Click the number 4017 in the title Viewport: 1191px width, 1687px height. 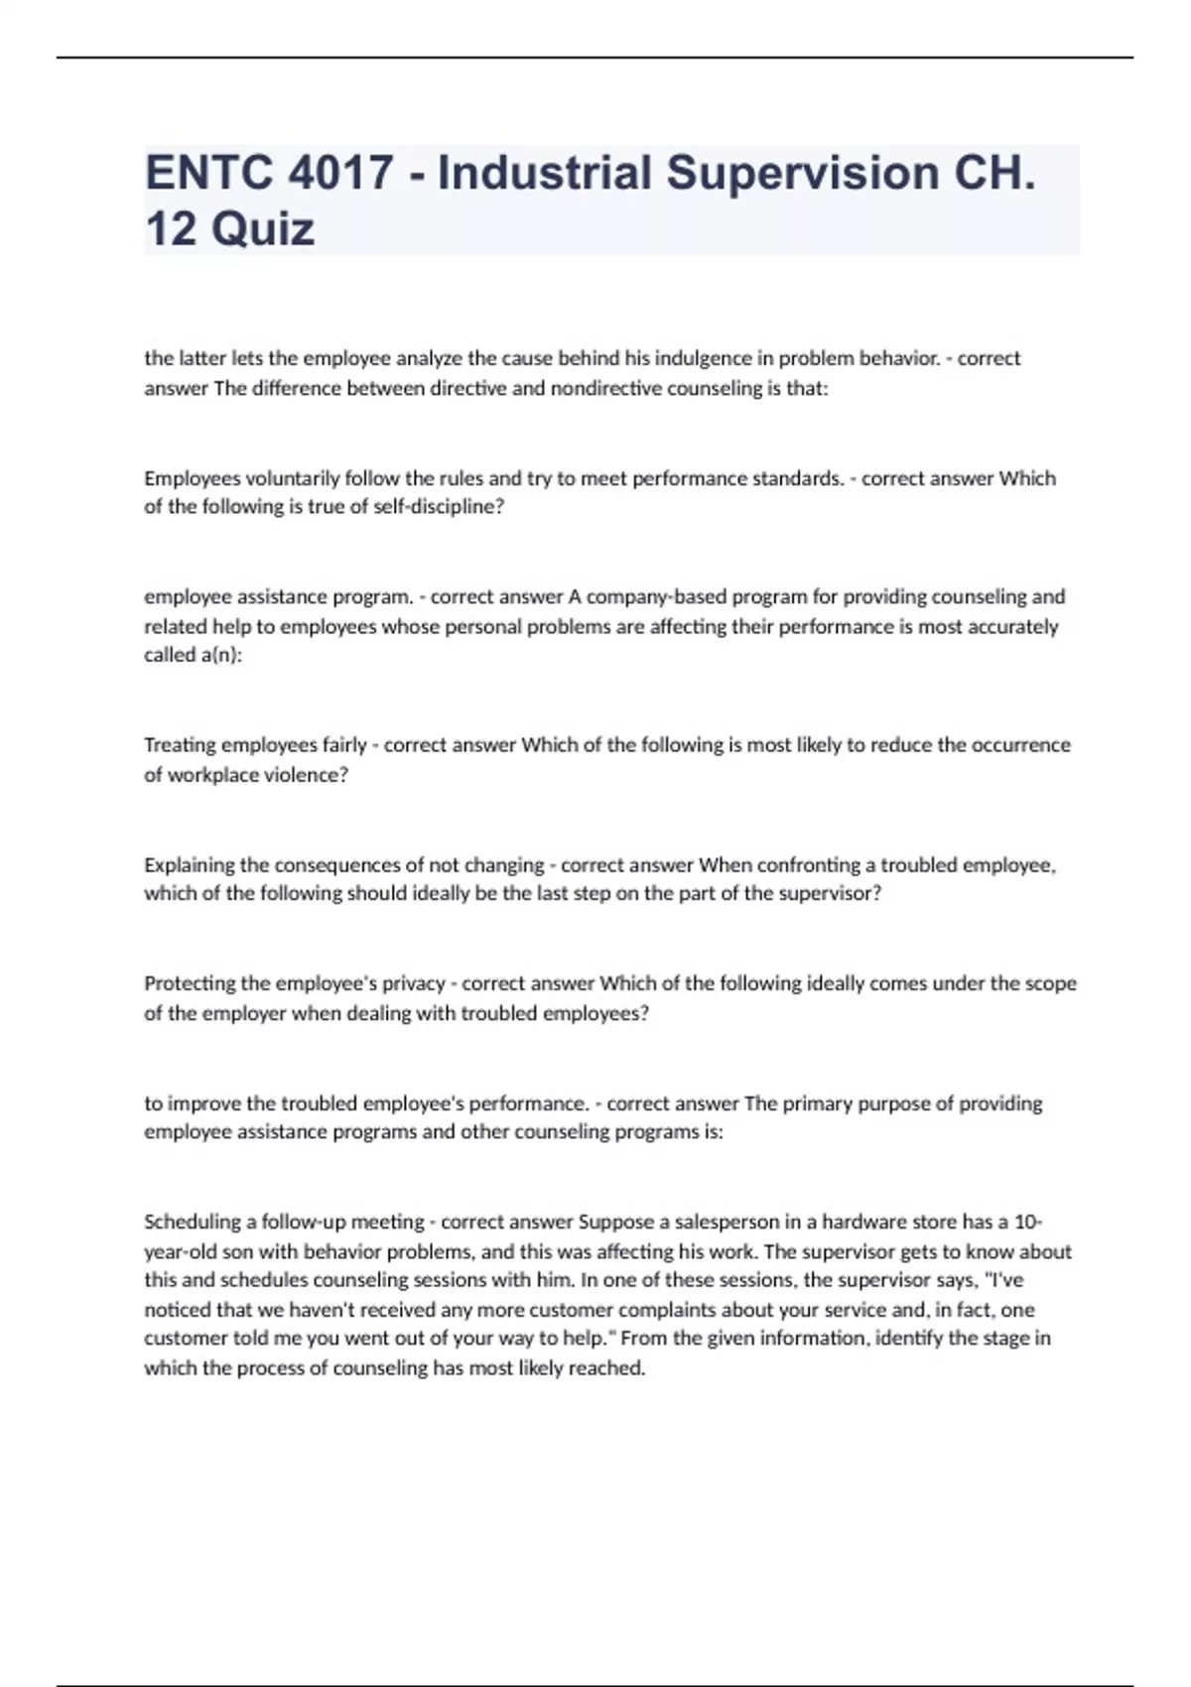(x=340, y=173)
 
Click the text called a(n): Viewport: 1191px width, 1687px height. (x=194, y=656)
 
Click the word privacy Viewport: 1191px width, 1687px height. (x=410, y=983)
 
